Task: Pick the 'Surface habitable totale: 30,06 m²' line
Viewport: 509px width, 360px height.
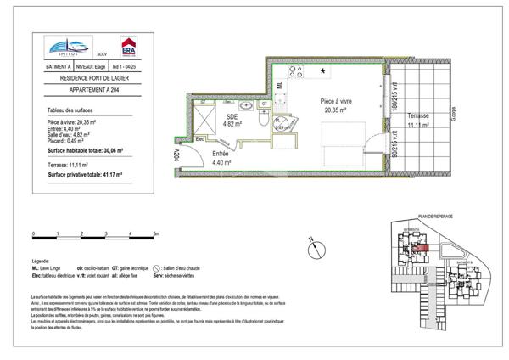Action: [x=86, y=149]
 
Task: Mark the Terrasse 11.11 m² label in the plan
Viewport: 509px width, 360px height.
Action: [x=417, y=121]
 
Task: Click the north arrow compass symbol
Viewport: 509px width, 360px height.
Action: [x=314, y=246]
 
